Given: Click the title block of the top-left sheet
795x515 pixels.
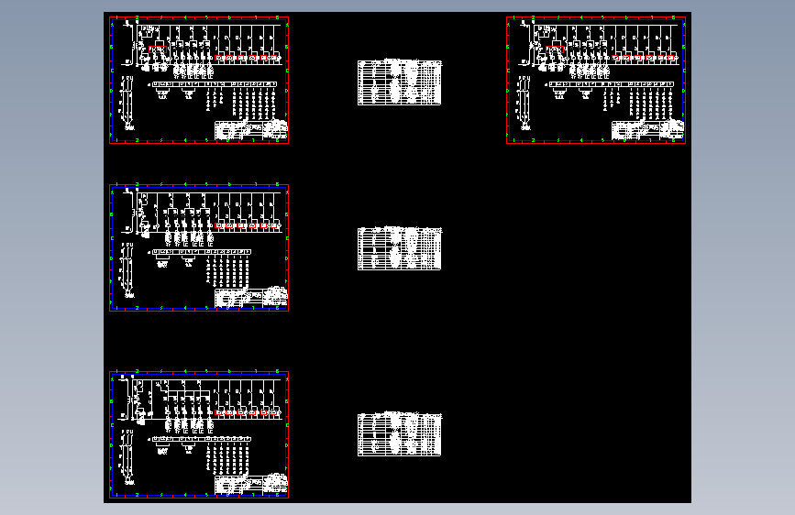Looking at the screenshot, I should click(x=251, y=130).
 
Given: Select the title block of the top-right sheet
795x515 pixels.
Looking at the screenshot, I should click(x=648, y=130).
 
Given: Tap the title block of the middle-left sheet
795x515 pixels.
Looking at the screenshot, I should click(x=251, y=298).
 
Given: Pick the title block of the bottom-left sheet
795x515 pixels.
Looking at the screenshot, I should click(x=251, y=485).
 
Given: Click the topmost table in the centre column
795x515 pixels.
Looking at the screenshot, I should click(x=399, y=82).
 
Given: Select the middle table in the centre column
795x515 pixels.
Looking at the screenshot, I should click(x=399, y=248).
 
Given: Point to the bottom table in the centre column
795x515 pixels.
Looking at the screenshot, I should click(x=399, y=433).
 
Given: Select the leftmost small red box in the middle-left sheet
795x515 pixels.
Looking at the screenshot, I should click(x=219, y=225).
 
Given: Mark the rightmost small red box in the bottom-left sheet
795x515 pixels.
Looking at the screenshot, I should click(x=276, y=412).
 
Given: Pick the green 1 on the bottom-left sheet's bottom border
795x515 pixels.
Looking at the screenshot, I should click(x=114, y=497).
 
